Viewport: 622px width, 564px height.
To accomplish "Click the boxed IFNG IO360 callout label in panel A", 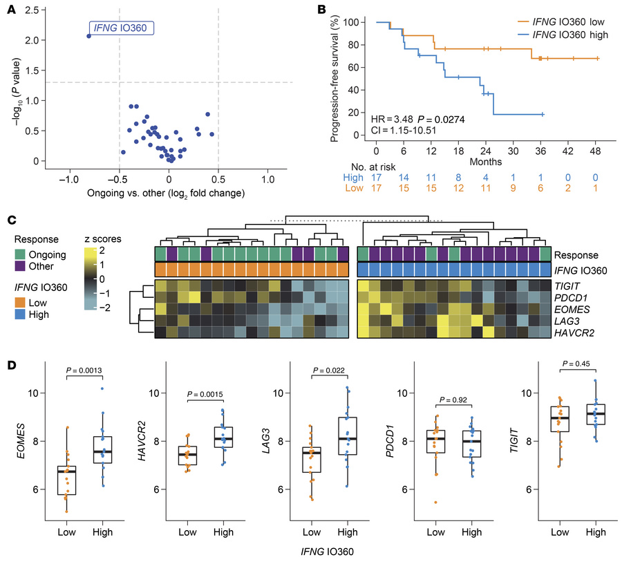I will pos(124,28).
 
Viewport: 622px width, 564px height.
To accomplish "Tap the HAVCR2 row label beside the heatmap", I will pos(576,332).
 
